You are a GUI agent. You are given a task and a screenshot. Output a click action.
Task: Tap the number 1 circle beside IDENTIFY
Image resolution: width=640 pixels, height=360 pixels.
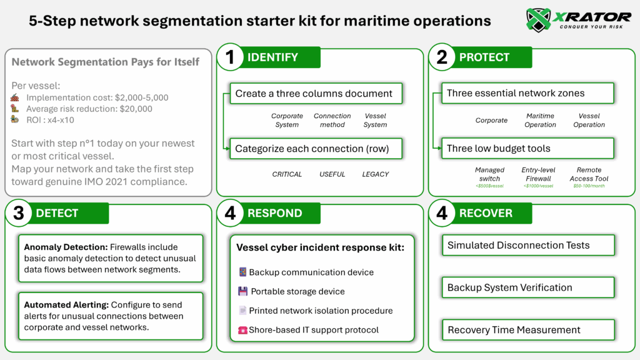point(229,57)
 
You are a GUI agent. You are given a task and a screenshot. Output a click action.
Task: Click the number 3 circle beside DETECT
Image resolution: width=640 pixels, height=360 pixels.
point(18,213)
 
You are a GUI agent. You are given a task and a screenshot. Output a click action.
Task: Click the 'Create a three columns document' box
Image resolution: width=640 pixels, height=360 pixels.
point(314,94)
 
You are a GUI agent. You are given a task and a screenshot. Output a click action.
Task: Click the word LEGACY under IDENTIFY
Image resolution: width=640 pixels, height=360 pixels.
point(375,174)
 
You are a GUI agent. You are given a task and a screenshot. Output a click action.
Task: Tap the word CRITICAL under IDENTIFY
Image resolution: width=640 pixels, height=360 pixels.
point(287,174)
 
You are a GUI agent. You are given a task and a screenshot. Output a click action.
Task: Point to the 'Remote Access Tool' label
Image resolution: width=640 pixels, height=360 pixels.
point(589,174)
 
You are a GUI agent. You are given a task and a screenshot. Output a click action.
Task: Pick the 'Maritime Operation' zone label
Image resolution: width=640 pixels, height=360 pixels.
point(541,120)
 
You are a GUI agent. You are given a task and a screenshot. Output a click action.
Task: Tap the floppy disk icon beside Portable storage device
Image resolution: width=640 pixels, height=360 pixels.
point(243,291)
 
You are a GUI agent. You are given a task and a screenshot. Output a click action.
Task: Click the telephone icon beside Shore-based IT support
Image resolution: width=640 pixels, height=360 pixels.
point(243,330)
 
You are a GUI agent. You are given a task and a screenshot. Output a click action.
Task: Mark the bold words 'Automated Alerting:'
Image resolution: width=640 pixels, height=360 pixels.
point(67,305)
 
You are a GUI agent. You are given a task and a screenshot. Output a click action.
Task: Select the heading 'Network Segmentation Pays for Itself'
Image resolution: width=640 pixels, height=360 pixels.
point(106,62)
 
